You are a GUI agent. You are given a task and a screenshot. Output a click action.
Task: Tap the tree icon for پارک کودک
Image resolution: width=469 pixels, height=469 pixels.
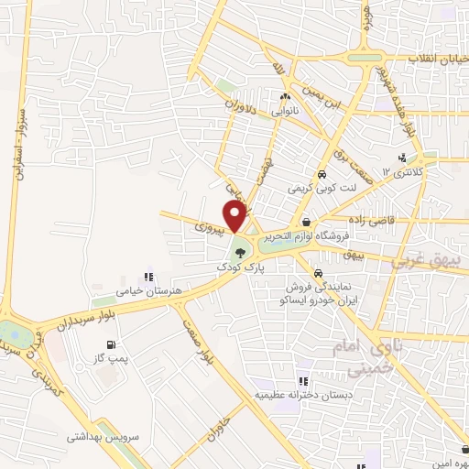click(241, 252)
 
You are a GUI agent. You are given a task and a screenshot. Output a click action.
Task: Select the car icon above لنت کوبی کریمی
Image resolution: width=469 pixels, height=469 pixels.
click(322, 175)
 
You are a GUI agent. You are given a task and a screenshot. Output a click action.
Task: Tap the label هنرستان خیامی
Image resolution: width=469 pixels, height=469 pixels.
click(145, 290)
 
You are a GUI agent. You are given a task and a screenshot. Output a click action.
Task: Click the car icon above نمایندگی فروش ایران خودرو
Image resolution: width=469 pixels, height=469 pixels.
click(317, 274)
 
